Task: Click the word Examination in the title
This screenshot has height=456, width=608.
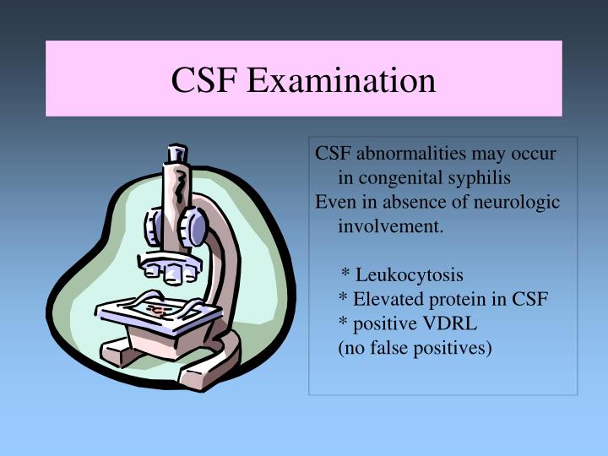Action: click(x=354, y=80)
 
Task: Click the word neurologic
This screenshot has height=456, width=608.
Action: click(x=514, y=203)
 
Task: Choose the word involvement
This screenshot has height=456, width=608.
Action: click(x=390, y=226)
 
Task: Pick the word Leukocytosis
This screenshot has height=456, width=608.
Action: click(x=410, y=274)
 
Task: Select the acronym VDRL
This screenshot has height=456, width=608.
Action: click(x=453, y=323)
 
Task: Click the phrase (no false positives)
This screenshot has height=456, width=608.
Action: click(x=415, y=346)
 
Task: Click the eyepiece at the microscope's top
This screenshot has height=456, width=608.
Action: click(x=176, y=155)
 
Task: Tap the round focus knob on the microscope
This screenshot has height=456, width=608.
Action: click(x=196, y=227)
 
